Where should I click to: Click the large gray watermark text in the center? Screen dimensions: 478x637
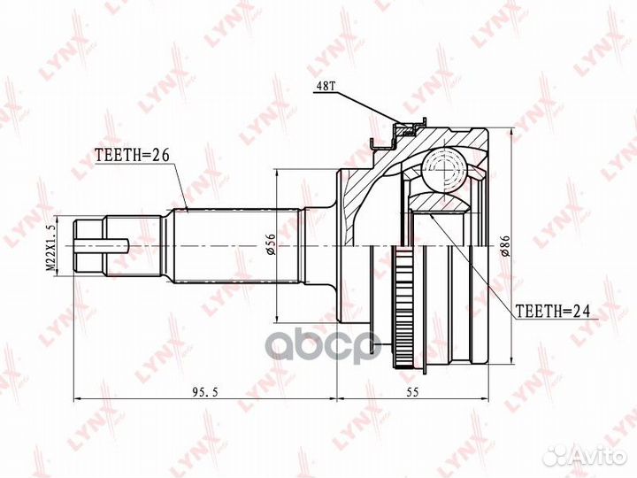[318, 341]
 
